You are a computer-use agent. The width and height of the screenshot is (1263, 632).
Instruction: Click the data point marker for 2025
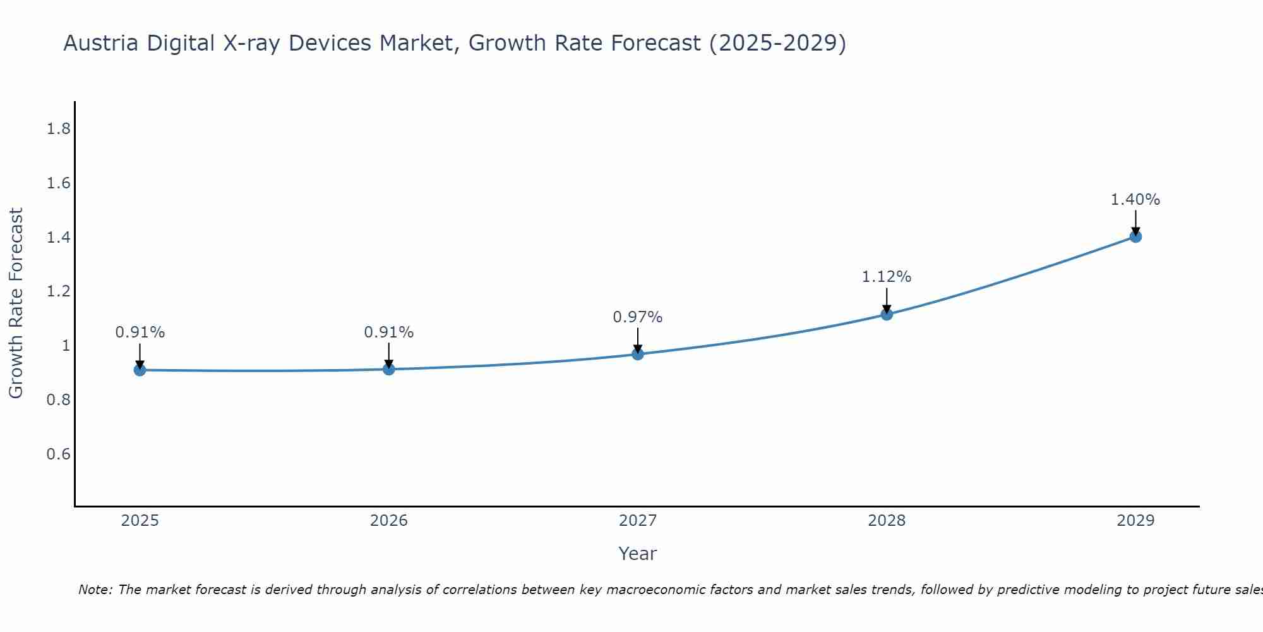pyautogui.click(x=140, y=370)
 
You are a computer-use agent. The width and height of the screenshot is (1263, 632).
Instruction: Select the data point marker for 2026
pyautogui.click(x=389, y=369)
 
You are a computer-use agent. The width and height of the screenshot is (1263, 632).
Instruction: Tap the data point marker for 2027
pyautogui.click(x=638, y=354)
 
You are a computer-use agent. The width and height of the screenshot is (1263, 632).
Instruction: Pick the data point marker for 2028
pyautogui.click(x=887, y=314)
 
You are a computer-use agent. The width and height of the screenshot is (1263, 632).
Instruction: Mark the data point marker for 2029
pyautogui.click(x=1135, y=237)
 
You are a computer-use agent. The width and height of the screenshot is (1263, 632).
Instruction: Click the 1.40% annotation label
pyautogui.click(x=1135, y=200)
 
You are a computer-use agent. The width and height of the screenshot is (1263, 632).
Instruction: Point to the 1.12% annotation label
pyautogui.click(x=887, y=277)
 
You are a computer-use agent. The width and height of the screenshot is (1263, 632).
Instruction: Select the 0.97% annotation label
pyautogui.click(x=638, y=317)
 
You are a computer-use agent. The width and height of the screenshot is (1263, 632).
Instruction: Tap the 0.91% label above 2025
pyautogui.click(x=140, y=332)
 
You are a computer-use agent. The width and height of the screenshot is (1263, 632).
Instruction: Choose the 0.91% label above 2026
pyautogui.click(x=389, y=332)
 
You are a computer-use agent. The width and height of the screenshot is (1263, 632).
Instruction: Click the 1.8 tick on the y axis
pyautogui.click(x=58, y=130)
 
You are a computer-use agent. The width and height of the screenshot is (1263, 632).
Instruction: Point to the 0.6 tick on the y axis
pyautogui.click(x=58, y=454)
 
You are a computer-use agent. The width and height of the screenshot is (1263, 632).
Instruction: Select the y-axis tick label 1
pyautogui.click(x=66, y=346)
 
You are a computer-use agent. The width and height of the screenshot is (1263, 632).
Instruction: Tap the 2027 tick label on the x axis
pyautogui.click(x=638, y=521)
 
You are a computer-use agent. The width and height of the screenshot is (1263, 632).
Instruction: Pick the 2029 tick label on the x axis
pyautogui.click(x=1135, y=521)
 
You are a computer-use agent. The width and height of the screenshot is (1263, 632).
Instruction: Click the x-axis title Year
pyautogui.click(x=638, y=554)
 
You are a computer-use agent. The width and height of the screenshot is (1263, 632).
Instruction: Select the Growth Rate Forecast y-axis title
pyautogui.click(x=16, y=303)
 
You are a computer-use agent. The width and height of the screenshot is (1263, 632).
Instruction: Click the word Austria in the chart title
pyautogui.click(x=102, y=44)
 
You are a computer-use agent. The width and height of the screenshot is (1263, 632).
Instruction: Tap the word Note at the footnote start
pyautogui.click(x=95, y=590)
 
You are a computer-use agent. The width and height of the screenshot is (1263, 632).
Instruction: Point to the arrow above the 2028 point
pyautogui.click(x=887, y=300)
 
